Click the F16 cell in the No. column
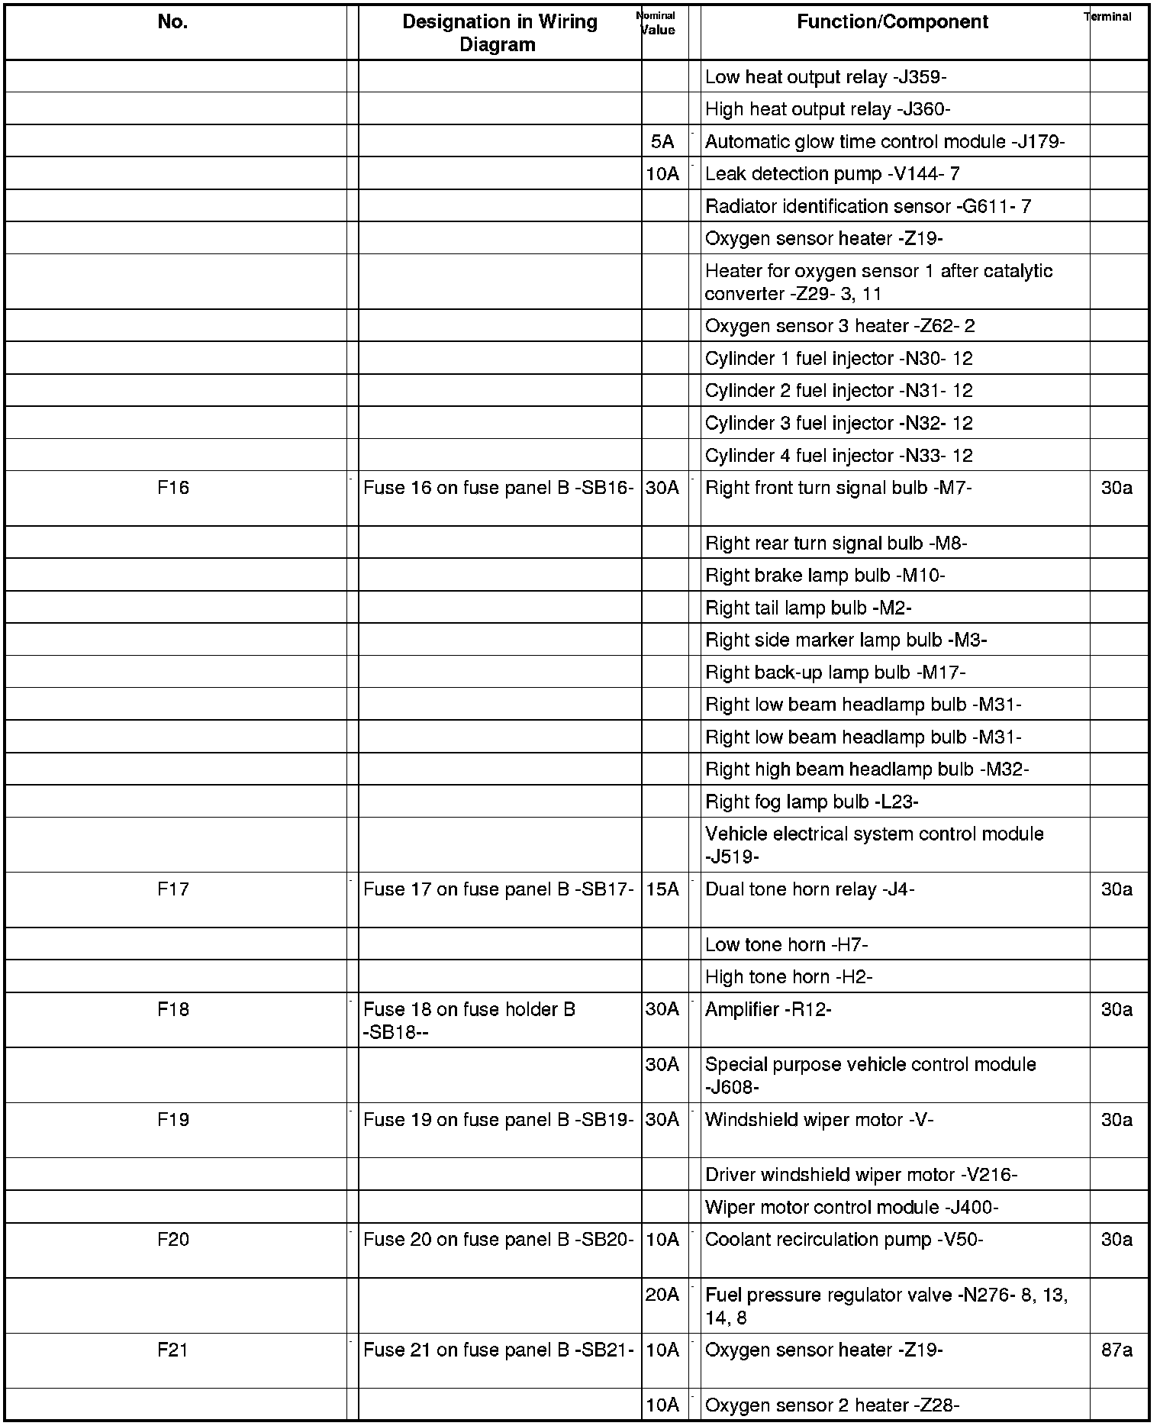point(173,488)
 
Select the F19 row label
point(173,1120)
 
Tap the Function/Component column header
point(892,22)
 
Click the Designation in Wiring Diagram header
point(499,33)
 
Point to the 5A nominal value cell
point(662,142)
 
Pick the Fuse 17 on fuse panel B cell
point(498,889)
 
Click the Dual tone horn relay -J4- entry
point(810,889)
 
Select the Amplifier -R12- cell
point(768,1010)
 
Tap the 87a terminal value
point(1116,1350)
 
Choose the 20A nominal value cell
point(662,1295)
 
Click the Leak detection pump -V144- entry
point(832,174)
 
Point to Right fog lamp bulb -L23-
point(811,802)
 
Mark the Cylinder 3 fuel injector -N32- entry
point(839,424)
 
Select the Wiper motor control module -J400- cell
point(852,1208)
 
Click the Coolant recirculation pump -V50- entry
point(844,1240)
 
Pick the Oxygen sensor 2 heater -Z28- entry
point(832,1405)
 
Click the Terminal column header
point(1107,17)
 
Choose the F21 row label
point(173,1350)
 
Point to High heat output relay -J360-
point(827,110)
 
